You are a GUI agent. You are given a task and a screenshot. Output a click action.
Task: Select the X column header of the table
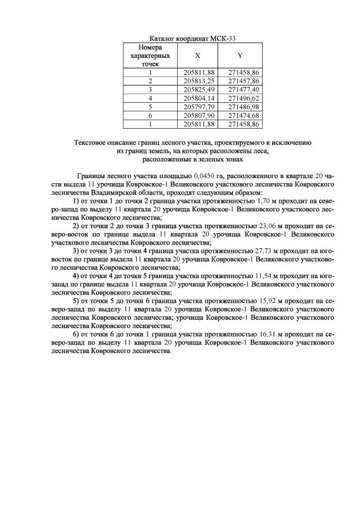point(197,56)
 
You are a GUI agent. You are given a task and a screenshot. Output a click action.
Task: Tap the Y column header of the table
point(240,56)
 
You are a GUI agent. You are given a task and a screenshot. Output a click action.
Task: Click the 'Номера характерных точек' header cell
point(150,56)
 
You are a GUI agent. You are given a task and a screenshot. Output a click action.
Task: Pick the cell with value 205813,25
point(196,81)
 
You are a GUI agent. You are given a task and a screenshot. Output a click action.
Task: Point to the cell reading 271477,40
point(240,89)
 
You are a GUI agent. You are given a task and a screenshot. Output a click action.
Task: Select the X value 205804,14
point(196,98)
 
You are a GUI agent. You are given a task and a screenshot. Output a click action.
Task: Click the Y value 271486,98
point(240,106)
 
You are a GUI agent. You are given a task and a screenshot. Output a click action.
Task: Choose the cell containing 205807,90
point(196,115)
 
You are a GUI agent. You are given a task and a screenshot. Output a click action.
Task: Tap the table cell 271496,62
point(240,98)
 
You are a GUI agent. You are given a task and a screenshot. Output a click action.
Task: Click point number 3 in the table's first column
point(150,89)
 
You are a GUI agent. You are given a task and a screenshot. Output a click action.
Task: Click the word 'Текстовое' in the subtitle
point(92,143)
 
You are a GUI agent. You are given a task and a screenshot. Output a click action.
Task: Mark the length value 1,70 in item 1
point(262,200)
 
